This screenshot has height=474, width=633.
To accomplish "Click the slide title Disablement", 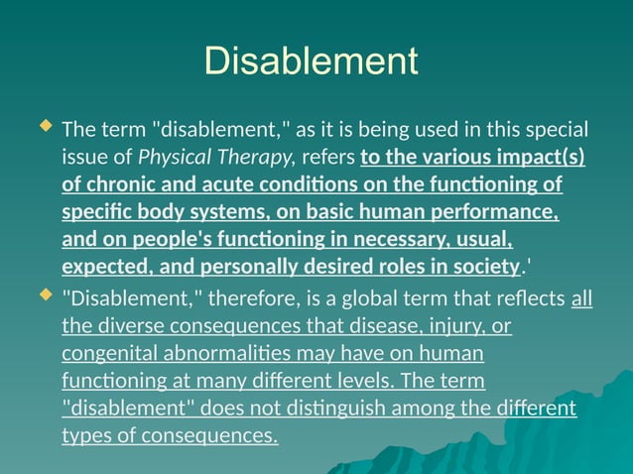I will pos(311,61).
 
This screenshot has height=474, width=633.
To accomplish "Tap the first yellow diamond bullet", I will pos(44,128).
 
